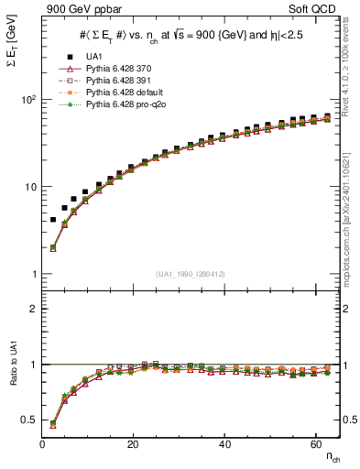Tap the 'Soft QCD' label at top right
coord(316,10)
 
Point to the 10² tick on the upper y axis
coord(30,99)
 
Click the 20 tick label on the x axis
coord(133,442)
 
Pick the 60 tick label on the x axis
coord(314,442)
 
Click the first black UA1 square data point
coord(53,220)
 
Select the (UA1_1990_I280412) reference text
coord(191,274)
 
